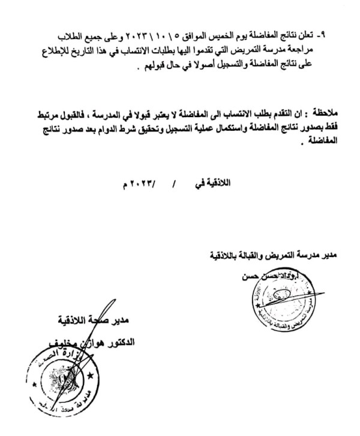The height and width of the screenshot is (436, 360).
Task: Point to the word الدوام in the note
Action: point(104,127)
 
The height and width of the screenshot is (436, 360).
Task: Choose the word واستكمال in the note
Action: point(235,127)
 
